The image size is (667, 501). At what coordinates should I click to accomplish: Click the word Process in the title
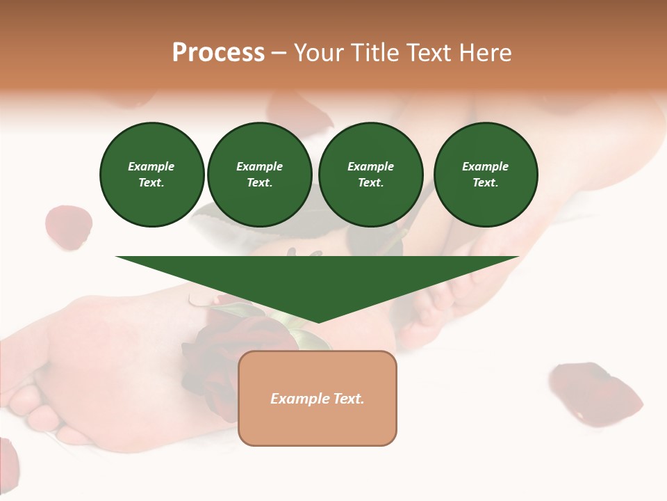coord(218,53)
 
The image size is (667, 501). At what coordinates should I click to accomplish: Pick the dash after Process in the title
coord(279,54)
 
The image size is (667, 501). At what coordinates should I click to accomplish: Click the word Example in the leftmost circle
coord(151,166)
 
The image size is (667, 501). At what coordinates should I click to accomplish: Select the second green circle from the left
coord(260,175)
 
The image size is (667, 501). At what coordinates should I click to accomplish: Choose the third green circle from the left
coord(371,175)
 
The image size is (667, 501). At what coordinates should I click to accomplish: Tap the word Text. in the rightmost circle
coord(486,182)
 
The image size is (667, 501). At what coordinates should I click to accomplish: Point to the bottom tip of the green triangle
coord(318,321)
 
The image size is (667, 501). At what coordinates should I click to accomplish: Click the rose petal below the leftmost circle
coord(68,226)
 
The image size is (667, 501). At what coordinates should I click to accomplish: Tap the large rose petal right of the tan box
coord(595,393)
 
